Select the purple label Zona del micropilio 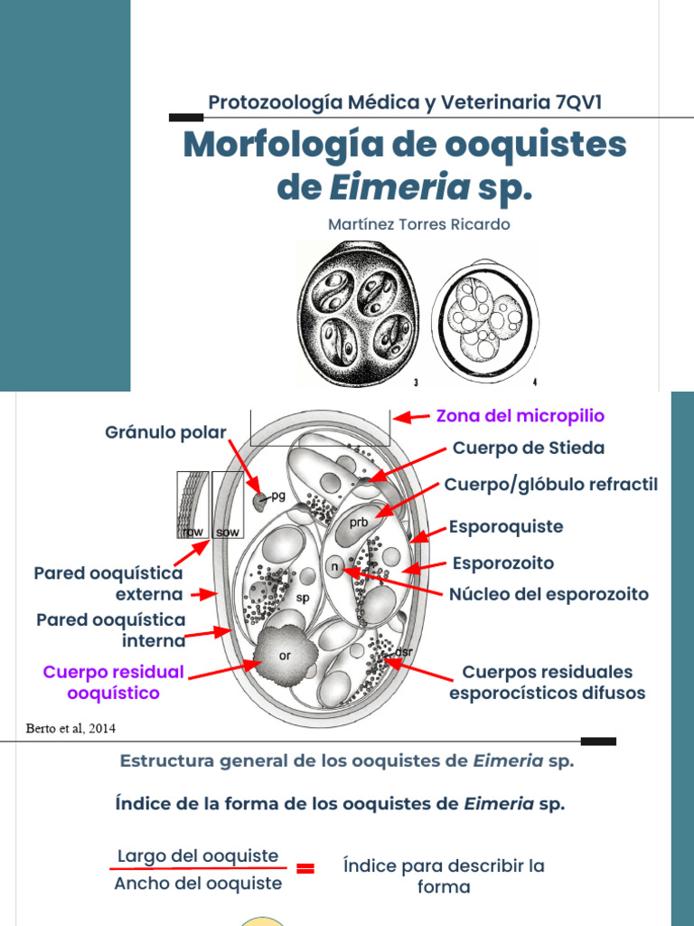pos(520,416)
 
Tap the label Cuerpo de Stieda pos(529,448)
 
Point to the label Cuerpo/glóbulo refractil pos(551,485)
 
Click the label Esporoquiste pos(506,526)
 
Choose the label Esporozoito pos(502,563)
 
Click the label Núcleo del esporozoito pos(549,594)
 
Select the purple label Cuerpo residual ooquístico pos(113,683)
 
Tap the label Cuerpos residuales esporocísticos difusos pos(547,683)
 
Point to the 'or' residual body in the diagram pos(284,655)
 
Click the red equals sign pos(305,869)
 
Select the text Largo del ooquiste pos(197,855)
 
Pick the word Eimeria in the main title pos(399,187)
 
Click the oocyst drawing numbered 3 pos(359,313)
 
